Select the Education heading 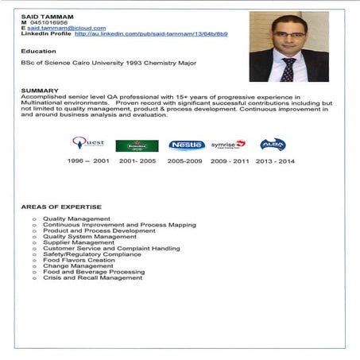[39, 51]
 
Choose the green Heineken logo [137, 145]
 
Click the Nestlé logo [187, 145]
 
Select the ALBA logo [273, 144]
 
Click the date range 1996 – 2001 [87, 161]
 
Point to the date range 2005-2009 [185, 161]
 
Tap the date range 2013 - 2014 [274, 161]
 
